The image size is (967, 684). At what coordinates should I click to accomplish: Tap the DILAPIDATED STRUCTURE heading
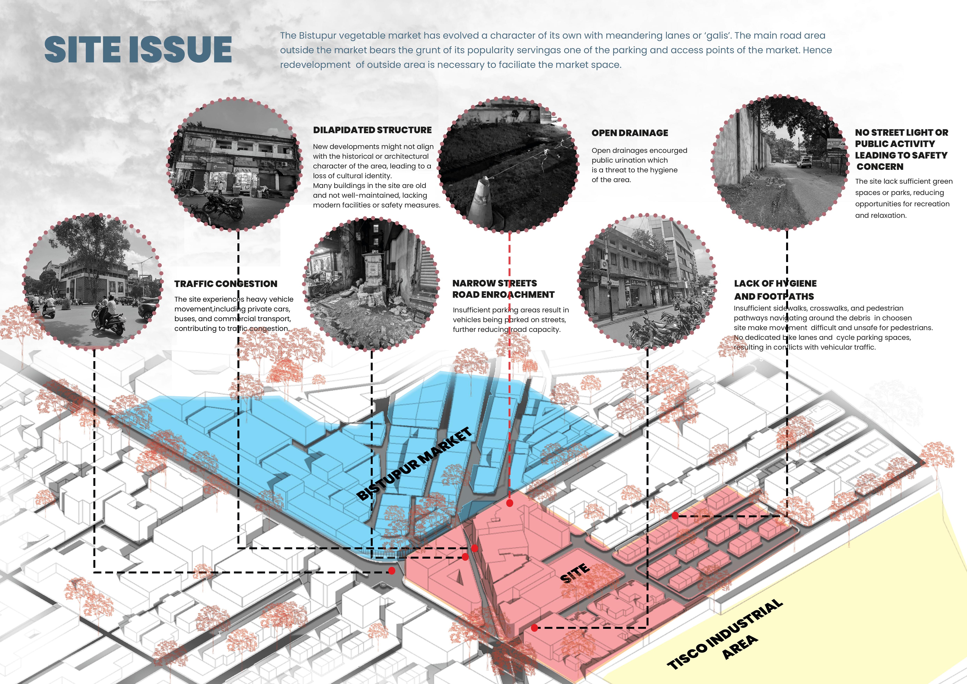pyautogui.click(x=372, y=130)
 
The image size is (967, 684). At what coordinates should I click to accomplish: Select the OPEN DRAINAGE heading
pyautogui.click(x=630, y=133)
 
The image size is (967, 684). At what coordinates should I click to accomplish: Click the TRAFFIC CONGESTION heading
pyautogui.click(x=226, y=284)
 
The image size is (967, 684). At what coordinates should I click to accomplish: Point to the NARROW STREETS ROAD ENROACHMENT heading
pyautogui.click(x=503, y=289)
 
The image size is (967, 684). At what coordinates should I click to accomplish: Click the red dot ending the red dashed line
pyautogui.click(x=510, y=503)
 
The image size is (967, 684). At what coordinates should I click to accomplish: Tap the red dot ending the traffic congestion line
pyautogui.click(x=392, y=571)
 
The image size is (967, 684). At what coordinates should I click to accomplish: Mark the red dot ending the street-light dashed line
pyautogui.click(x=675, y=516)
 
